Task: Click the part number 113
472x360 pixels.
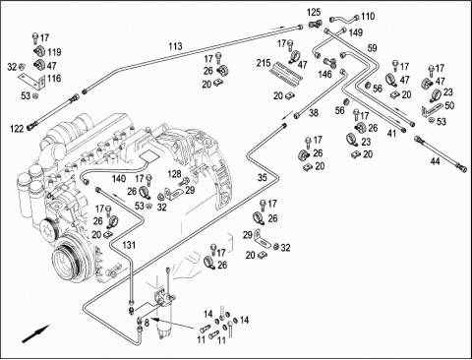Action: (x=175, y=46)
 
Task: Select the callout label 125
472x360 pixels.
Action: (x=314, y=13)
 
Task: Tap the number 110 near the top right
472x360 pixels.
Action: (x=368, y=17)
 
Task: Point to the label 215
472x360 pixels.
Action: (x=264, y=63)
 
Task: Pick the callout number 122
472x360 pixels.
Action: (x=17, y=129)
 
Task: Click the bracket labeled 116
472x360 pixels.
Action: (x=31, y=82)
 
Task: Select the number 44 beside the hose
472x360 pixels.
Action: (x=435, y=161)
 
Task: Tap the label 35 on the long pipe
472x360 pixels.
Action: (x=263, y=178)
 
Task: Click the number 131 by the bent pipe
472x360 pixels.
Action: (x=129, y=245)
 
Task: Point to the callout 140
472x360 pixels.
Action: (x=119, y=179)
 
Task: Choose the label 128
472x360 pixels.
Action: (x=174, y=174)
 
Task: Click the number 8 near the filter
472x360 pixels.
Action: (x=147, y=324)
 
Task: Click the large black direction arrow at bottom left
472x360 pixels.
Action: (x=35, y=334)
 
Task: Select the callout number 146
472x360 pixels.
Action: (x=324, y=74)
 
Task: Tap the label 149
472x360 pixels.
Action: (x=356, y=32)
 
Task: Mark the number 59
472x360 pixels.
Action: (x=372, y=48)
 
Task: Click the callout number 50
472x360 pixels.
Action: (x=449, y=105)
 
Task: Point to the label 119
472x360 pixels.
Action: (x=54, y=52)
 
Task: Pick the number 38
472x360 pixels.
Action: (x=314, y=113)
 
